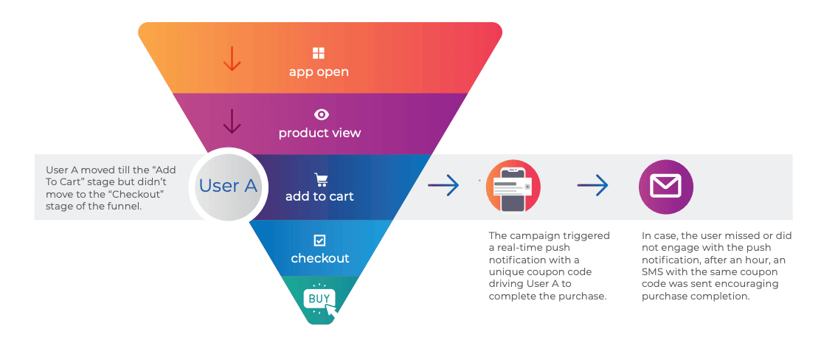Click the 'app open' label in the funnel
point(319,72)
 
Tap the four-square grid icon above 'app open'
point(319,53)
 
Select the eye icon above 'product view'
point(321,114)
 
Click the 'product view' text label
point(319,134)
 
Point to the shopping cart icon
point(321,179)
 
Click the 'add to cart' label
point(319,196)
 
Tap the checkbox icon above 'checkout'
point(319,240)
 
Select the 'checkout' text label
point(319,258)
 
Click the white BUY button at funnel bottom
point(319,299)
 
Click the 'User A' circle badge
point(229,186)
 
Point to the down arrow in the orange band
point(232,58)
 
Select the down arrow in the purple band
point(232,121)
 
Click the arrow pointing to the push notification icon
point(443,186)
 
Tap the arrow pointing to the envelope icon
point(592,186)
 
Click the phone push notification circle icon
point(513,187)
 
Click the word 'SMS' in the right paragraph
point(654,271)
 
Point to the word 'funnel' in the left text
point(123,207)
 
